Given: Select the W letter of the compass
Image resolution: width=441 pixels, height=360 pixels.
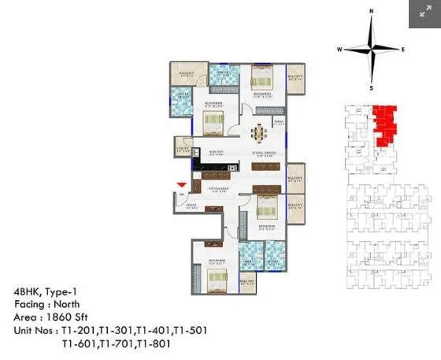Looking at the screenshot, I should [339, 49].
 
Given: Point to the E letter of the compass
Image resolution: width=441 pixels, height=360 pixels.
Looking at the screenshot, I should [403, 49].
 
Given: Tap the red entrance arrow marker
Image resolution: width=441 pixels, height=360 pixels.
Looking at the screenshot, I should [182, 184].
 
